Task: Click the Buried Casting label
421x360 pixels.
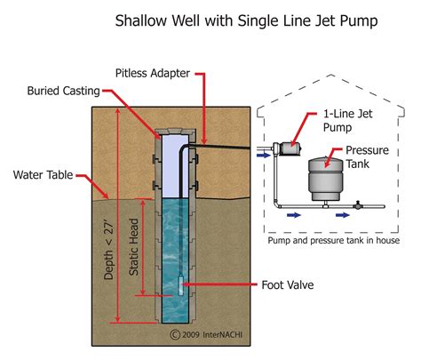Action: coord(64,91)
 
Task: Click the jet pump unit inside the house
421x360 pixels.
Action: coord(288,147)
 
